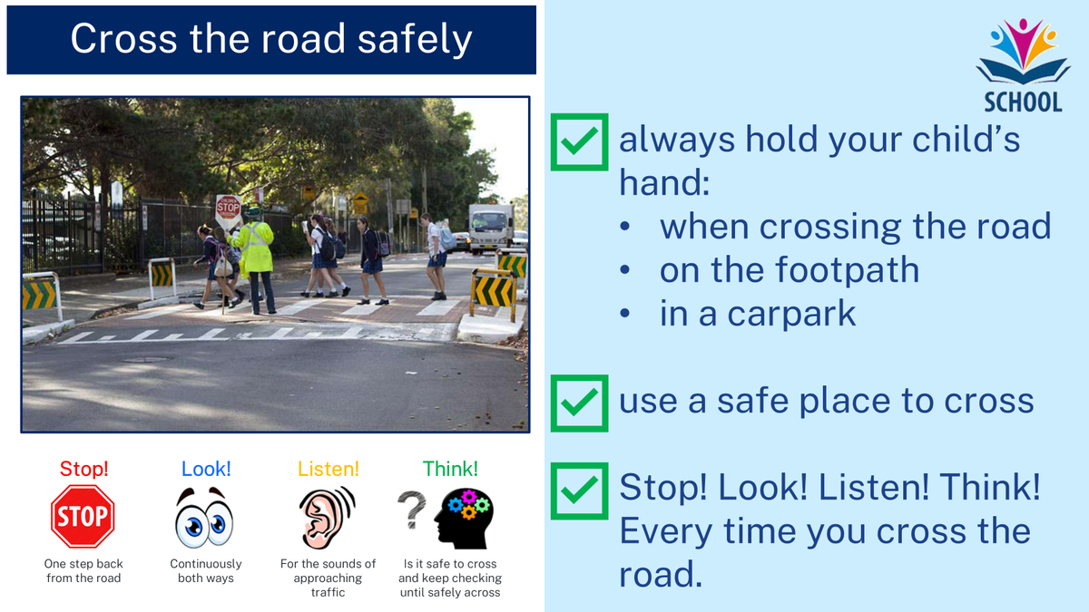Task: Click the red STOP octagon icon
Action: [x=83, y=516]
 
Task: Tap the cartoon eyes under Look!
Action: [x=204, y=518]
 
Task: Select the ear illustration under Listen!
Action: [x=328, y=518]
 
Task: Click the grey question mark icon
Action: [x=412, y=510]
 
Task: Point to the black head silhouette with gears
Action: [x=465, y=519]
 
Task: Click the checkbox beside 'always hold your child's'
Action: [x=579, y=141]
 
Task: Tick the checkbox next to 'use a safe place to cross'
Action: [x=579, y=403]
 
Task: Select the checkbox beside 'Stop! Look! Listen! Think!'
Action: [x=579, y=491]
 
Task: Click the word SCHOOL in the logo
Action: [x=1024, y=102]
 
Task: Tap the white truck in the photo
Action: [x=491, y=228]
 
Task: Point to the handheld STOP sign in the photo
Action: [x=228, y=209]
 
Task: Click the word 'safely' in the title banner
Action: [x=415, y=39]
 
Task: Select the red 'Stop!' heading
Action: [x=83, y=469]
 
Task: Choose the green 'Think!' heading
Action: [x=450, y=469]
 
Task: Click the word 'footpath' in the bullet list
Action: [x=847, y=269]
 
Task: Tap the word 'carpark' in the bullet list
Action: [x=791, y=315]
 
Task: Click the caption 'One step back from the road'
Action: [x=83, y=570]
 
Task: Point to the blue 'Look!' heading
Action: [x=206, y=469]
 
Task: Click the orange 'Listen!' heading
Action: [x=329, y=469]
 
